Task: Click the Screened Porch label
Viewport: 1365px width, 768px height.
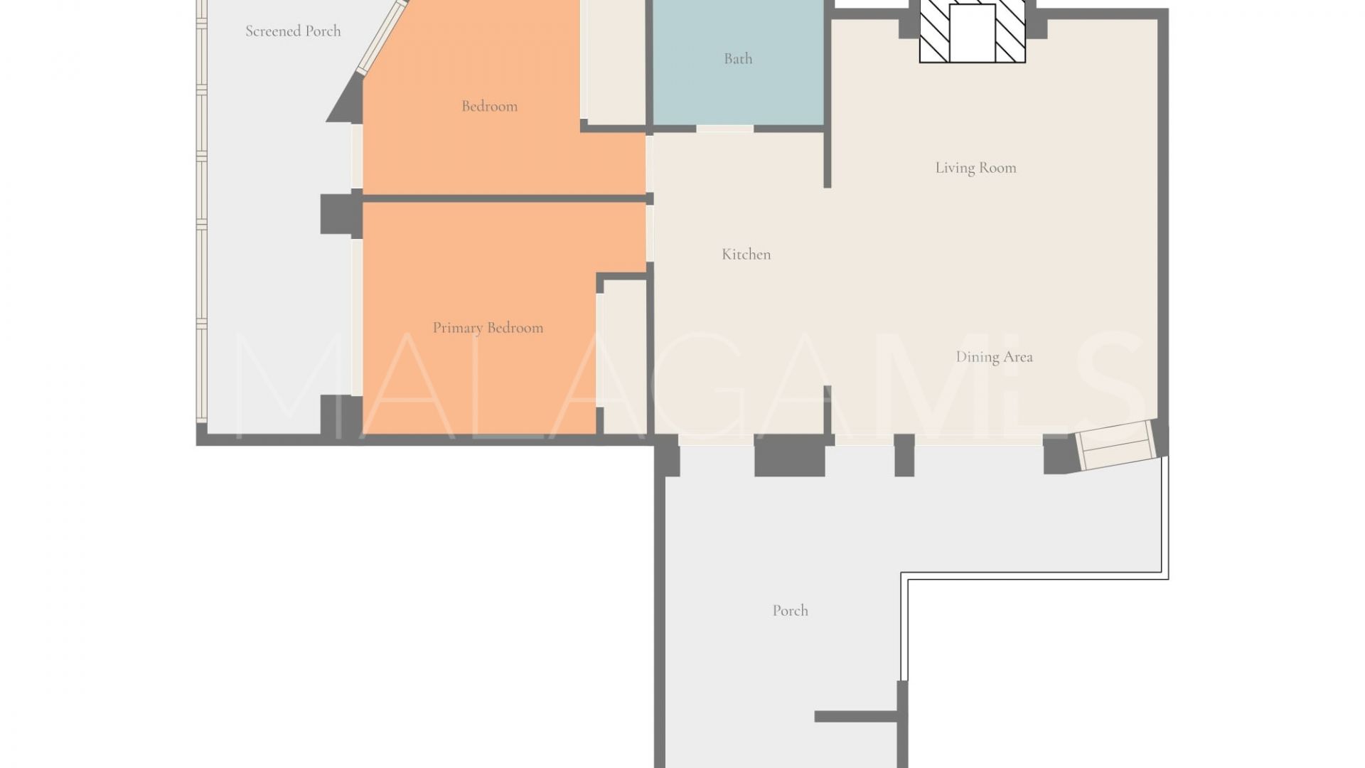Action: click(x=293, y=31)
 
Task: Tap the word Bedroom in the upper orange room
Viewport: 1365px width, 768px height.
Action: click(x=489, y=106)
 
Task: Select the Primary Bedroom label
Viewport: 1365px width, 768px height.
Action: click(x=488, y=328)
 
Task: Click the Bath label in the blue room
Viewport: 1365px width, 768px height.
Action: click(x=738, y=58)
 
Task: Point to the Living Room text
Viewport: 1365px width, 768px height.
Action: click(x=975, y=168)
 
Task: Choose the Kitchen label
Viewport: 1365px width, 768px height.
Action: click(x=746, y=254)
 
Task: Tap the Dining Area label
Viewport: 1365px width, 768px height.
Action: click(x=994, y=357)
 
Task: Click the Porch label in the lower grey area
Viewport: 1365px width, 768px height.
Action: click(x=790, y=610)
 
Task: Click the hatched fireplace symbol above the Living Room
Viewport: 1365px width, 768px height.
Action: click(x=973, y=31)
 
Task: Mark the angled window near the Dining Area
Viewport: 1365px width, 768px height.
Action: click(x=1116, y=444)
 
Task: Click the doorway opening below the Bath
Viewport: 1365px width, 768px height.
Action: click(x=724, y=129)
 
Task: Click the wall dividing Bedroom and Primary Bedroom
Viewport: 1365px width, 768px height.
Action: click(x=504, y=198)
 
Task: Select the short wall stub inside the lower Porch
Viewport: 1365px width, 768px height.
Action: click(x=856, y=717)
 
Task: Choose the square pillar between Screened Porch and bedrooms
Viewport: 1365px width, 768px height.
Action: click(x=341, y=214)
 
